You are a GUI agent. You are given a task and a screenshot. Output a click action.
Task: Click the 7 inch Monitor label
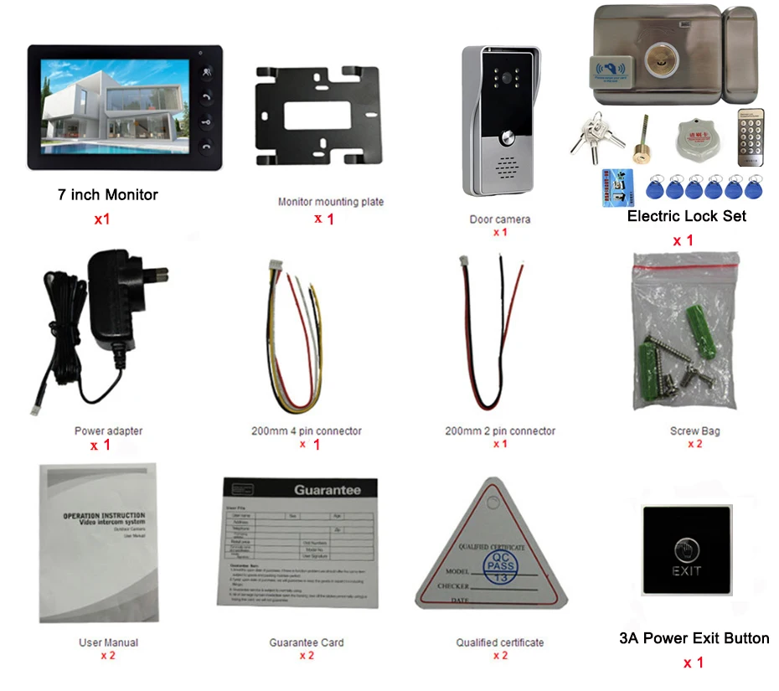107,195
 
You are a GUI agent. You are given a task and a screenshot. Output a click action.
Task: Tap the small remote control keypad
751,137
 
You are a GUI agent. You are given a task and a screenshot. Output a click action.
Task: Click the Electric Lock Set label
686,216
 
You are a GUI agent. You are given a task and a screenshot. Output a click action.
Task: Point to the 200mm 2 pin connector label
500,431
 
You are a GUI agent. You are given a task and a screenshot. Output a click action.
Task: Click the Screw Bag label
694,431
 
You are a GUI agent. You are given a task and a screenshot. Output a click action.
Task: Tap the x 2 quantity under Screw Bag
694,444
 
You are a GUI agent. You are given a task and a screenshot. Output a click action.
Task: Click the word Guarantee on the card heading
327,490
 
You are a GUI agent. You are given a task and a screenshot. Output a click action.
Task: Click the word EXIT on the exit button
686,571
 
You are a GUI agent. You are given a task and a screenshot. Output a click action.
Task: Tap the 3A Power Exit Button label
694,638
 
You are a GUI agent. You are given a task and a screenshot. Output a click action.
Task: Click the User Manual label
108,642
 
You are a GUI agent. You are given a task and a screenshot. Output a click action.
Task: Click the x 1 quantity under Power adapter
101,445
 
